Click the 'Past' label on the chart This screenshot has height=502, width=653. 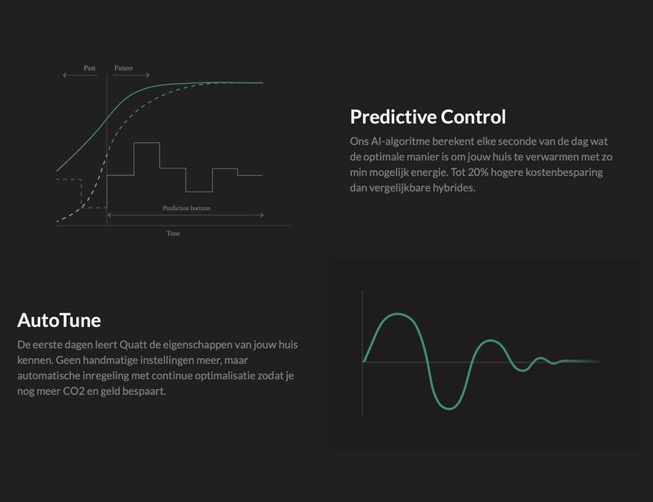pos(90,68)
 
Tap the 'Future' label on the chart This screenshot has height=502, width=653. pos(124,68)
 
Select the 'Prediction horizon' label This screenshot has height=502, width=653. pos(186,208)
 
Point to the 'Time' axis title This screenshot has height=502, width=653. pos(173,233)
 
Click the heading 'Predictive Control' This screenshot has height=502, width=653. pos(428,117)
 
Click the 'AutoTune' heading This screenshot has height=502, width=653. pos(59,320)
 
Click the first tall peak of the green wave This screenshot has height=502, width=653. pos(398,314)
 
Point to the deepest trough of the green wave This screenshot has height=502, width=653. pos(449,408)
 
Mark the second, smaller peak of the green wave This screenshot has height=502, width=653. pos(491,341)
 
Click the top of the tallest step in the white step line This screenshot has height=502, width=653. pos(147,143)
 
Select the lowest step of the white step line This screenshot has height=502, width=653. pos(199,191)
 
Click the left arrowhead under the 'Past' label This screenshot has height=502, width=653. pos(64,75)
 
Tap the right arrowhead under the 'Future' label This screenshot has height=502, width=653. pos(148,75)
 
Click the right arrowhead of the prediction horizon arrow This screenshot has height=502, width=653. pos(262,215)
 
